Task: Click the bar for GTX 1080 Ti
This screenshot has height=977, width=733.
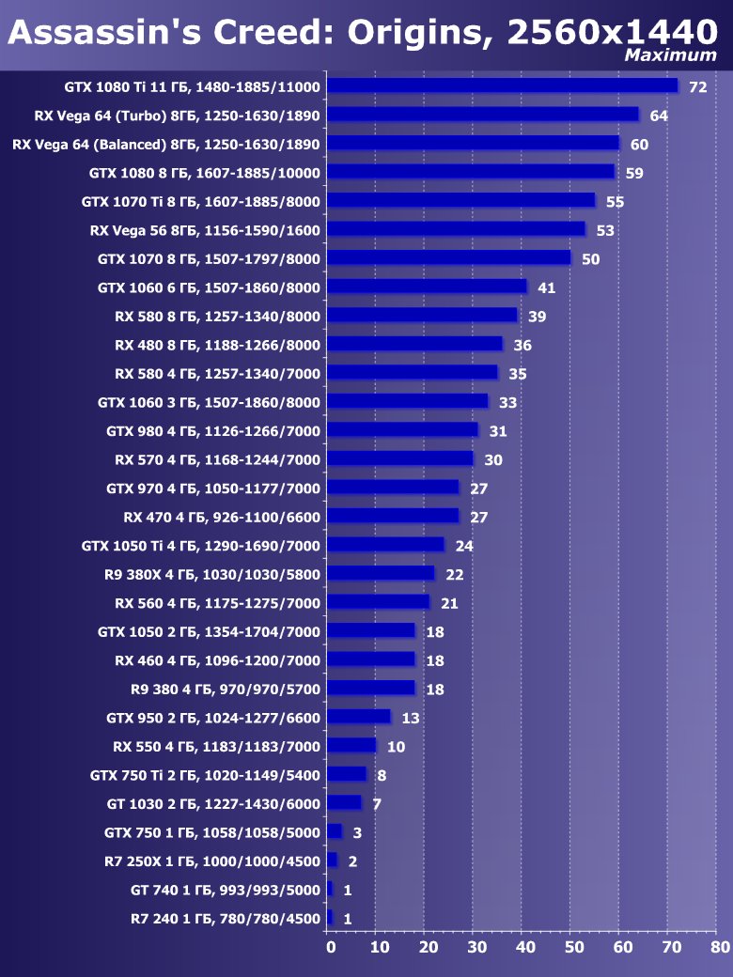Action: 502,86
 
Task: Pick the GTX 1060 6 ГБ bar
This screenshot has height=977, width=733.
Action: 427,287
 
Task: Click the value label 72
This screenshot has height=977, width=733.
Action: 697,87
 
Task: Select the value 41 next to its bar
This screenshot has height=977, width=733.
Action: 547,287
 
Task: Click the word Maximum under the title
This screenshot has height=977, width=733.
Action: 670,55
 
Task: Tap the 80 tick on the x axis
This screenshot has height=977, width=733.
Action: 720,947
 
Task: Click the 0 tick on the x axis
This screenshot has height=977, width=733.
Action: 330,947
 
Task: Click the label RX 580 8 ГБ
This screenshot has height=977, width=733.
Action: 217,317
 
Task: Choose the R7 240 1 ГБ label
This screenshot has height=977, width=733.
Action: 226,919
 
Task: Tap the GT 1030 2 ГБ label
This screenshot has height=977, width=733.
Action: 213,804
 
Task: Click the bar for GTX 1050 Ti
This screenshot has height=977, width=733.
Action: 385,545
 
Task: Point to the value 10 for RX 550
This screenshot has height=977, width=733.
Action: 396,747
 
